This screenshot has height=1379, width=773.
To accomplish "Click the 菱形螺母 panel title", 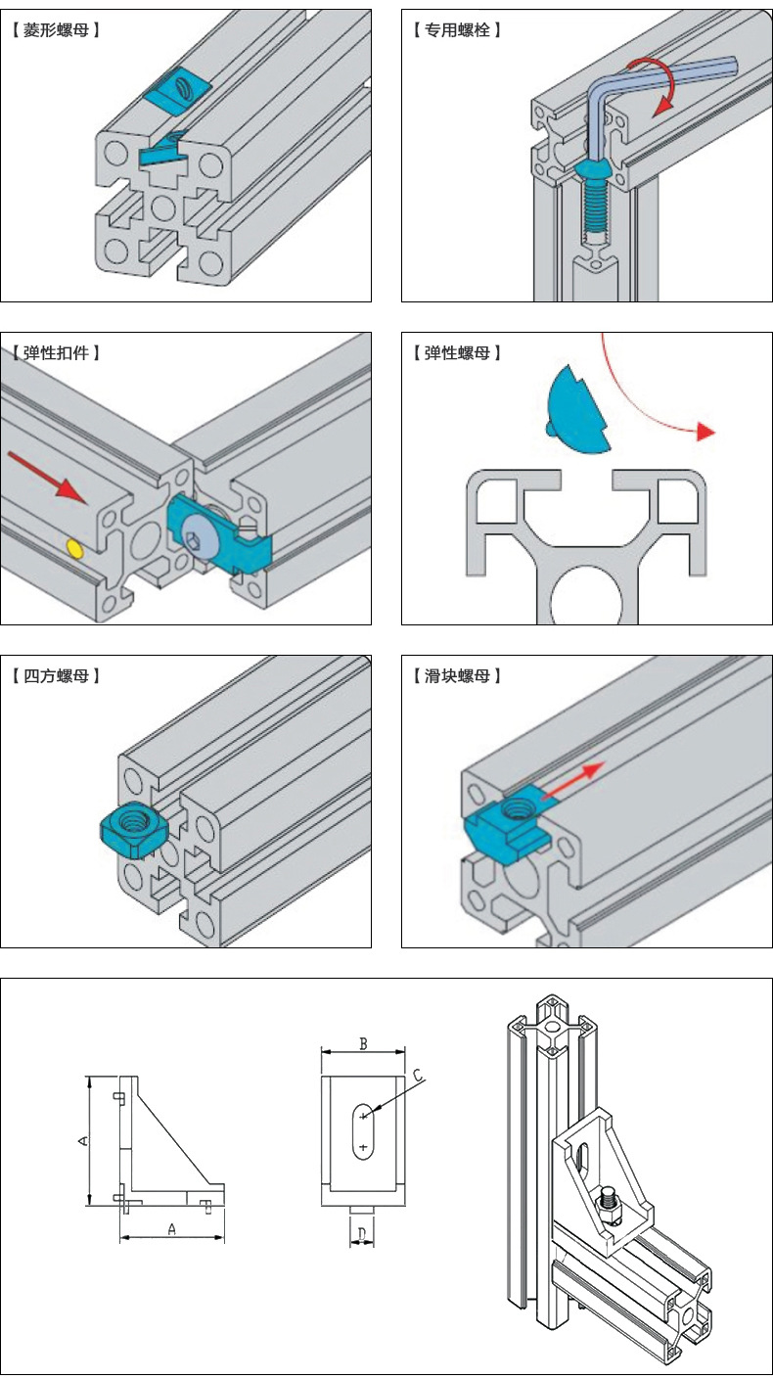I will [58, 30].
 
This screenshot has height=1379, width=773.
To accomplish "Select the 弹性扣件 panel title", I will [58, 353].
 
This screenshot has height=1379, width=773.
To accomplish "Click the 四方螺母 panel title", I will [58, 676].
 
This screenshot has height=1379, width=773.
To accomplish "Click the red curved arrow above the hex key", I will [651, 82].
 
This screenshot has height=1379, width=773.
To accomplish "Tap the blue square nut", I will [135, 827].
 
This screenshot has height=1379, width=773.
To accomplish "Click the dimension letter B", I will [363, 1044].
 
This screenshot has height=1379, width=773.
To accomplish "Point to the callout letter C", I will [418, 1076].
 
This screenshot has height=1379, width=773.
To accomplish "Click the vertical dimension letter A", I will [83, 1141].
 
